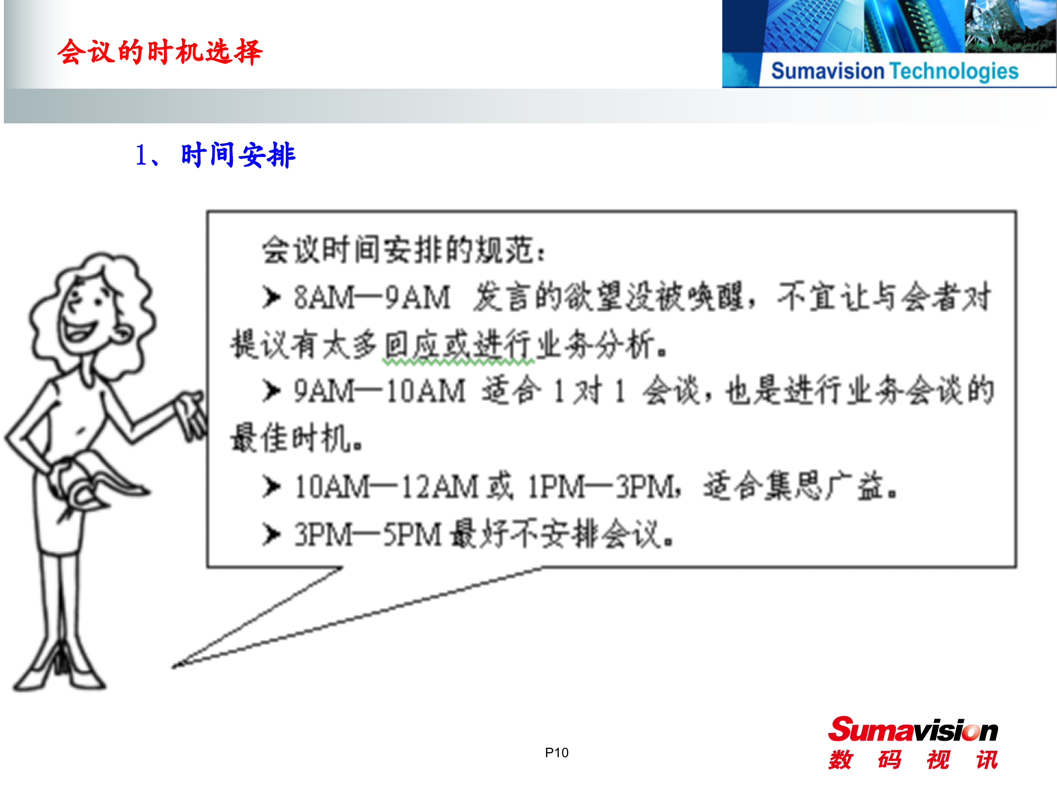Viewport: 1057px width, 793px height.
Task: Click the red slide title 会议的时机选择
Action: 160,52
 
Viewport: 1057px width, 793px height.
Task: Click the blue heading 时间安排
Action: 238,155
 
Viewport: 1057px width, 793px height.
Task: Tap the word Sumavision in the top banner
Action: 827,72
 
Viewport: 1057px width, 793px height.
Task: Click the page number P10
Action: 557,753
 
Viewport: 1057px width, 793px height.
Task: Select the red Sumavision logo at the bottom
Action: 913,731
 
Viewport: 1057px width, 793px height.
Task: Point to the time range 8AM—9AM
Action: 372,298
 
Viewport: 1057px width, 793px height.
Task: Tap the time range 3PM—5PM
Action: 368,535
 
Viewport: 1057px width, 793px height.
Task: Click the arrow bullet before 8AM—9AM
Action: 271,297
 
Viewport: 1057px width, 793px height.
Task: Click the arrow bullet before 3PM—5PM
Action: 271,534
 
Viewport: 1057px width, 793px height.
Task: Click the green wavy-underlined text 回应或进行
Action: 458,346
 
